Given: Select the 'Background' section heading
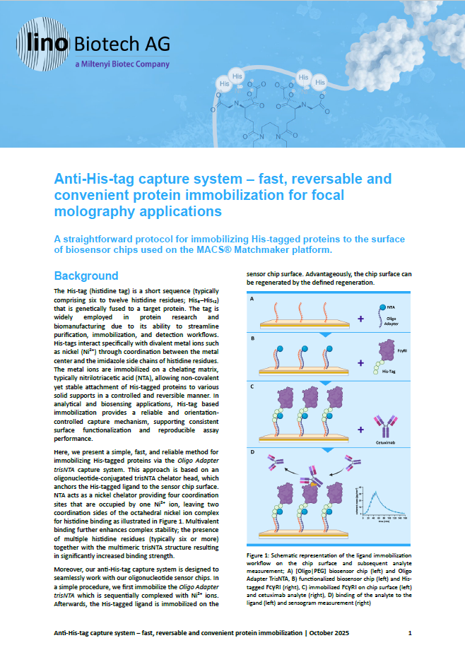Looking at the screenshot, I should (86, 275).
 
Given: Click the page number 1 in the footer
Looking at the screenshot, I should (410, 634).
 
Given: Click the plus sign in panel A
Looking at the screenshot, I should (361, 319).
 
